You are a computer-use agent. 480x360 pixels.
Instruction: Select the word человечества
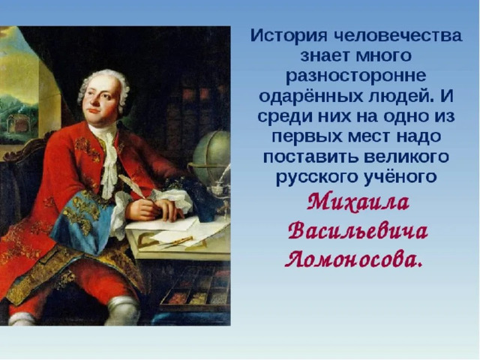pyautogui.click(x=397, y=35)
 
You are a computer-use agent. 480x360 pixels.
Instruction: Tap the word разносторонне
pyautogui.click(x=356, y=76)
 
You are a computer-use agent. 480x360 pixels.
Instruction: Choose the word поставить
pyautogui.click(x=310, y=157)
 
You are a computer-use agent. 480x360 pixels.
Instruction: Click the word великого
pyautogui.click(x=406, y=157)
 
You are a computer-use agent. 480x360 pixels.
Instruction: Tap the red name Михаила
pyautogui.click(x=358, y=203)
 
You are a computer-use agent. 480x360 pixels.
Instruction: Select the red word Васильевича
pyautogui.click(x=358, y=232)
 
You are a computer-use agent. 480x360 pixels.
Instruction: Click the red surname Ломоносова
pyautogui.click(x=354, y=260)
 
